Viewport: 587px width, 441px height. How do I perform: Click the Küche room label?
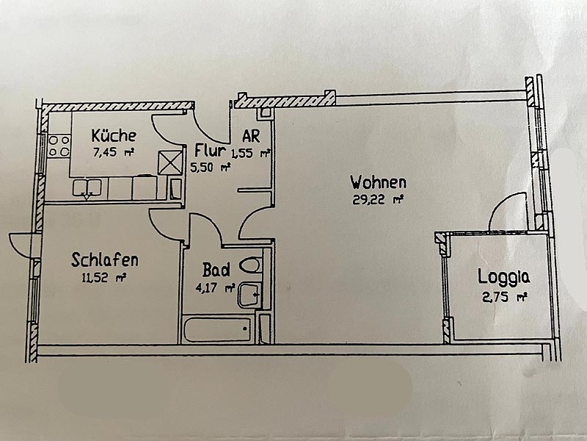pos(114,135)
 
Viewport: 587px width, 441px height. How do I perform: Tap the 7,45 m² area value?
pos(114,152)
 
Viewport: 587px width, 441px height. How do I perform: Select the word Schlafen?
pos(104,260)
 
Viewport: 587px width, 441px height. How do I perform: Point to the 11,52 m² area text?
pos(103,278)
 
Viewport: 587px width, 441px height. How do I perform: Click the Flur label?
pos(210,151)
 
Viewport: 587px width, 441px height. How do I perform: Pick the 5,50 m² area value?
pos(210,168)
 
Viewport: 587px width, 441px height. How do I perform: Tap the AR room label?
pos(251,136)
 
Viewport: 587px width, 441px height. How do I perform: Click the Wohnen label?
pos(378,182)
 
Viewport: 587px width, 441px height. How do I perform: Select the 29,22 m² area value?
pos(378,200)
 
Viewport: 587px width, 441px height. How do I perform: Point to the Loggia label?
pos(504,278)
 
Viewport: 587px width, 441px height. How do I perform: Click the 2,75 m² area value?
pos(505,298)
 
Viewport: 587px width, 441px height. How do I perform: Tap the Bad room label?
pos(216,270)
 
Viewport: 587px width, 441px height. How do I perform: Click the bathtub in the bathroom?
pos(217,329)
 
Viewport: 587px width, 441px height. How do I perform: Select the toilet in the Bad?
pos(250,265)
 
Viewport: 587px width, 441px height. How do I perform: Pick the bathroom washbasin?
pos(249,295)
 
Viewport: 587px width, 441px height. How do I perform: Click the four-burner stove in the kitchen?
pos(59,146)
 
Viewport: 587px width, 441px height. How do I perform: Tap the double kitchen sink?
pos(87,188)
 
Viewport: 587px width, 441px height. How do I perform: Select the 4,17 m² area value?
pos(215,288)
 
